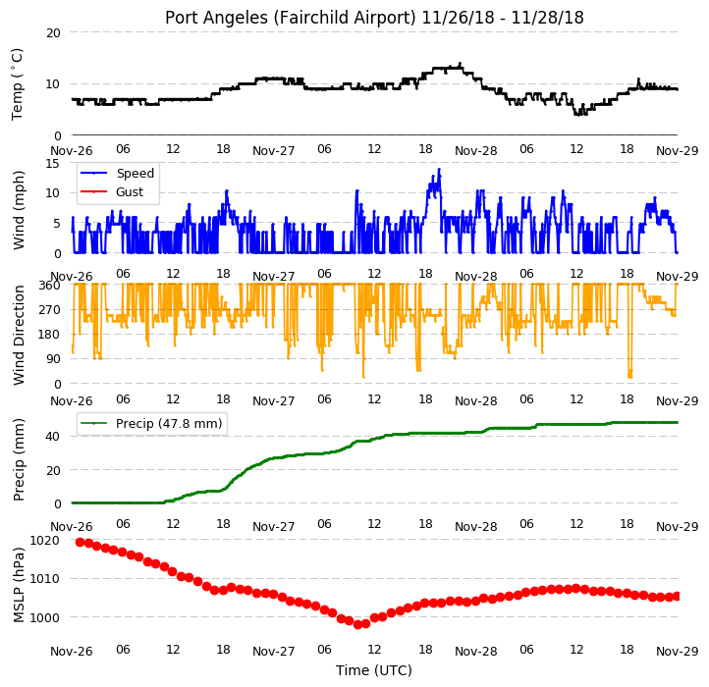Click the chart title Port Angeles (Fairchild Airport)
(x=290, y=18)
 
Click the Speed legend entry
(x=117, y=173)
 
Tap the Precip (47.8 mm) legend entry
(x=151, y=424)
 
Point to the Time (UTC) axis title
(x=374, y=669)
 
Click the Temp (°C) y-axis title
(x=17, y=84)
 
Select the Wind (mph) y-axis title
(x=19, y=210)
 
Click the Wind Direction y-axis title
(x=19, y=335)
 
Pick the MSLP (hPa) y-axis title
(x=19, y=585)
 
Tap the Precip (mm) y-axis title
(x=19, y=460)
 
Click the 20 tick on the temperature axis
(x=53, y=33)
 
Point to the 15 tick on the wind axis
(x=53, y=164)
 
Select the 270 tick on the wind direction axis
(x=50, y=310)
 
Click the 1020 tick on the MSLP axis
(x=45, y=541)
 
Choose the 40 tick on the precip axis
(x=53, y=437)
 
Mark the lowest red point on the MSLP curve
(x=357, y=624)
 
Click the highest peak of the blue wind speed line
(x=439, y=170)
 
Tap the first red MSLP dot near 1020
(x=81, y=542)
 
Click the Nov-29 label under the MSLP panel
(x=678, y=652)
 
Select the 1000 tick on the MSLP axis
(x=45, y=618)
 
